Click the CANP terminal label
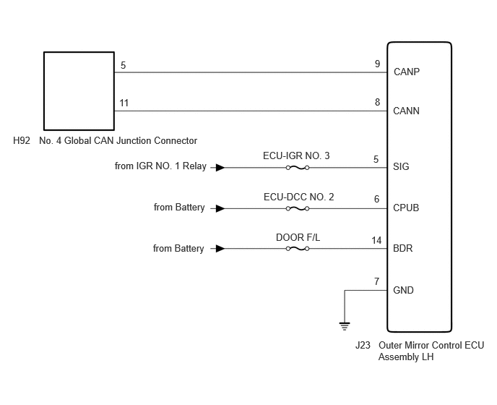coord(407,72)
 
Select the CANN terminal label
coord(407,111)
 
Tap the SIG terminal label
coord(401,166)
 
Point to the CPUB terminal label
coord(406,208)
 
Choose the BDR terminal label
coord(403,248)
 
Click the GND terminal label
coord(403,290)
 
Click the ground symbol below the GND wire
coord(345,326)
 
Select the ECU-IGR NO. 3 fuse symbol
coord(298,168)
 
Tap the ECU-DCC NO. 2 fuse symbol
coord(298,208)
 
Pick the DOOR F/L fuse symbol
coord(298,249)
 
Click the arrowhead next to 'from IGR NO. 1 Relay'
coord(220,168)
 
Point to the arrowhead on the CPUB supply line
coord(220,208)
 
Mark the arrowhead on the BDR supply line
coord(220,249)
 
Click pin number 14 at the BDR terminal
coord(376,240)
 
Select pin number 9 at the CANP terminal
coord(377,64)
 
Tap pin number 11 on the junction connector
coord(124,103)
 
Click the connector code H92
coord(22,140)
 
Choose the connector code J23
coord(363,345)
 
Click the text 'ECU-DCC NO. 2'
coord(298,197)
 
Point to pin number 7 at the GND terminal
coord(376,281)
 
